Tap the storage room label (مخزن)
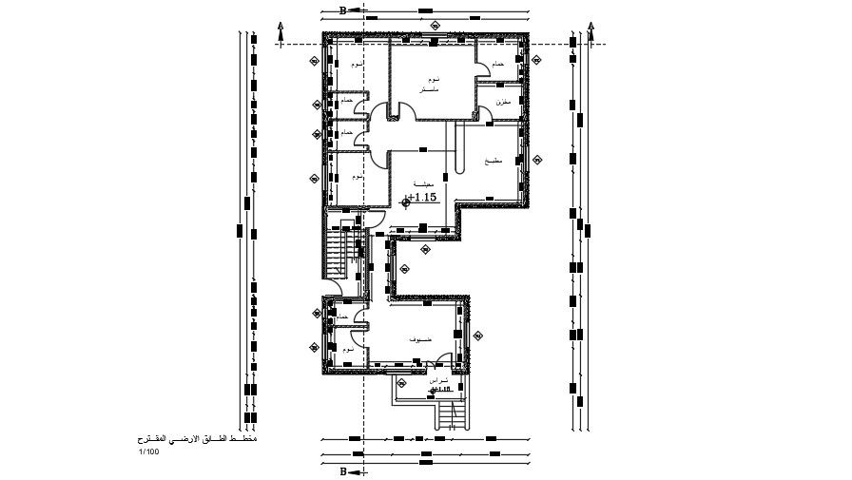(503, 102)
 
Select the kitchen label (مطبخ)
(493, 163)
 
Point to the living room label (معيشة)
(424, 183)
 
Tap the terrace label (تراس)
(438, 379)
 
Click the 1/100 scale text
(148, 451)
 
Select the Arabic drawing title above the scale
(196, 440)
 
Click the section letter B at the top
(342, 11)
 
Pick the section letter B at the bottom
(342, 470)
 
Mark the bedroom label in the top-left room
(356, 65)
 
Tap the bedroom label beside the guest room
(349, 350)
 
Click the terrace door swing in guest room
(443, 360)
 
